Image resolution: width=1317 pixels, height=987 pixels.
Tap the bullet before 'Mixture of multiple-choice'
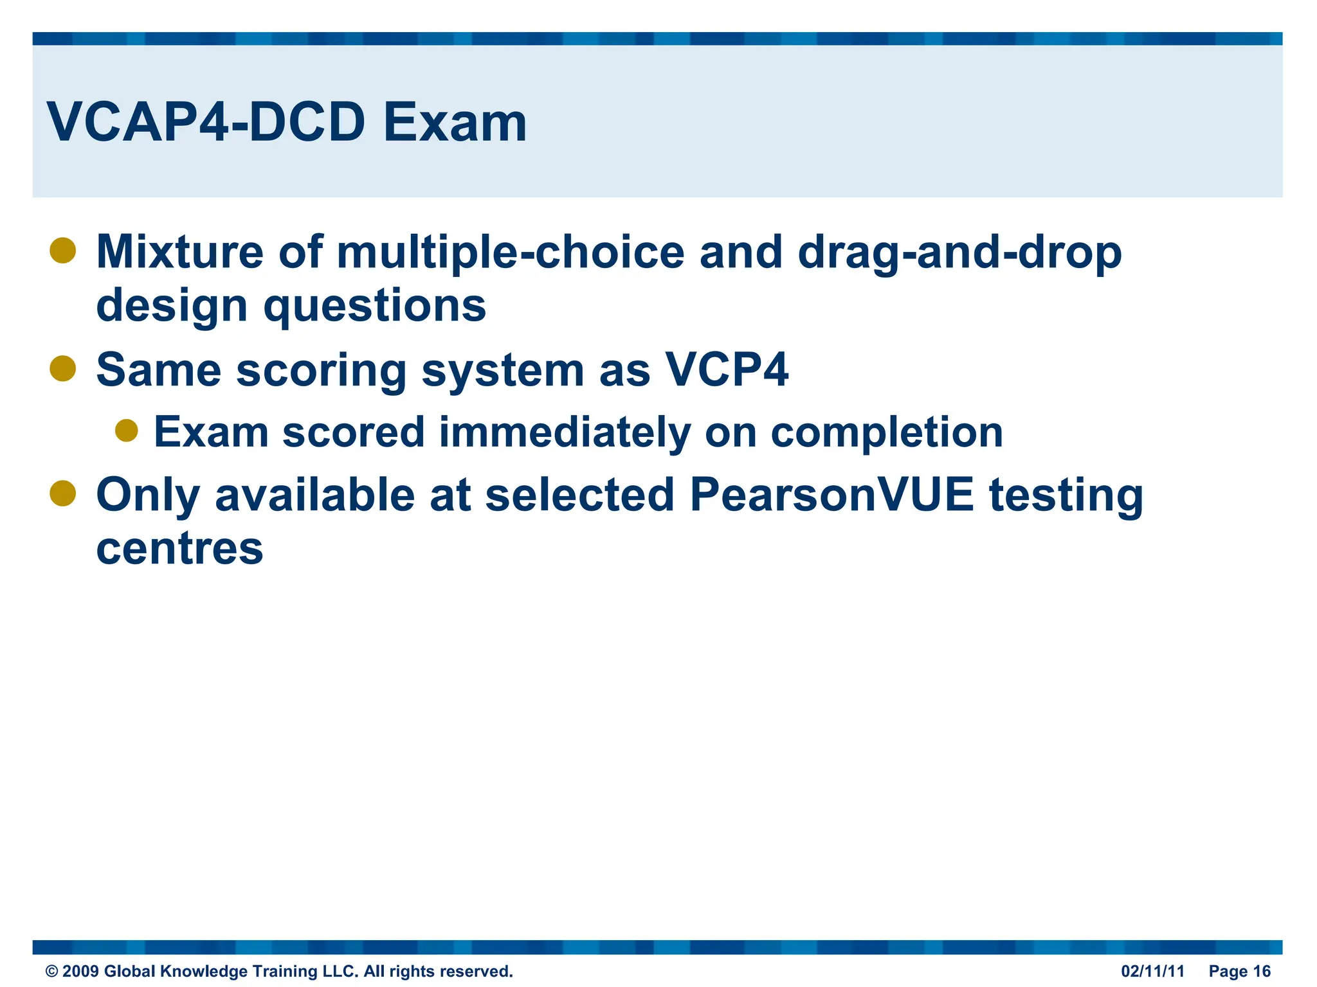(63, 251)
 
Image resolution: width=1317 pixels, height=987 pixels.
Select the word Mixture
(179, 252)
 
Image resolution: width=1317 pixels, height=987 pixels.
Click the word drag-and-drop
(959, 252)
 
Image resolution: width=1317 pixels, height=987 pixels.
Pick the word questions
(375, 306)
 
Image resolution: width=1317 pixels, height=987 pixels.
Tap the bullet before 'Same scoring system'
(63, 369)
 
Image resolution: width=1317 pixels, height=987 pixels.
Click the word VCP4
(727, 370)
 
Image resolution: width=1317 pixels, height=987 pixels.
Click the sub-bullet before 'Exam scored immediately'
(127, 431)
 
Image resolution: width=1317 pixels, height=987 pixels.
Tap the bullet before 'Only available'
(63, 493)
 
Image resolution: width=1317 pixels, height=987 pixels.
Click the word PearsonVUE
(831, 495)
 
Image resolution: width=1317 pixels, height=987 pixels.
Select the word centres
(179, 549)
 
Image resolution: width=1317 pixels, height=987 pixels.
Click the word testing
(1066, 496)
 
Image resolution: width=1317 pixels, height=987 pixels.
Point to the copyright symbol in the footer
(51, 972)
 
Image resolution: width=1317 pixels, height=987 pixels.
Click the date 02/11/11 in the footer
(1152, 972)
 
